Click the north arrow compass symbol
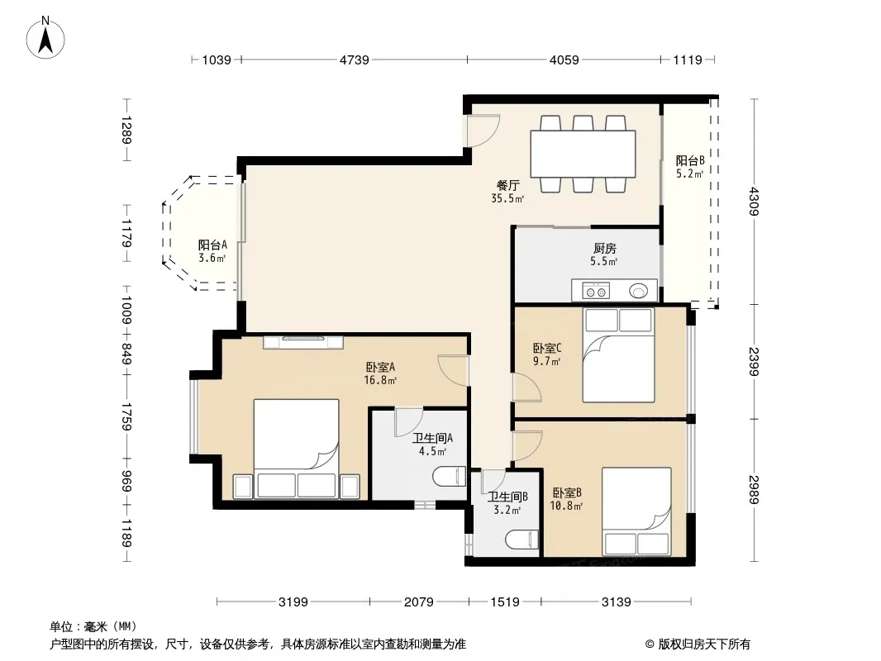(x=45, y=38)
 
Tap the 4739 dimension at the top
(x=354, y=59)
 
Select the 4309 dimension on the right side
(x=754, y=201)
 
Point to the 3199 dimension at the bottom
(x=293, y=602)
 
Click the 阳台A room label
(x=212, y=245)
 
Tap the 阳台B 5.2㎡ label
(x=690, y=167)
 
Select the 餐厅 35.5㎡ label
(x=507, y=192)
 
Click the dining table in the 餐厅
(x=583, y=154)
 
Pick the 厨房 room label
(x=605, y=248)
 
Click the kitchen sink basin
(x=638, y=291)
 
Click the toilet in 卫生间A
(x=450, y=477)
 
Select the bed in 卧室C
(x=619, y=355)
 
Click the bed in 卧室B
(x=636, y=511)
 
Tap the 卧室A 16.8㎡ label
(x=380, y=373)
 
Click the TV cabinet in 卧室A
(x=303, y=341)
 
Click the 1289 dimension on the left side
(x=126, y=130)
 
